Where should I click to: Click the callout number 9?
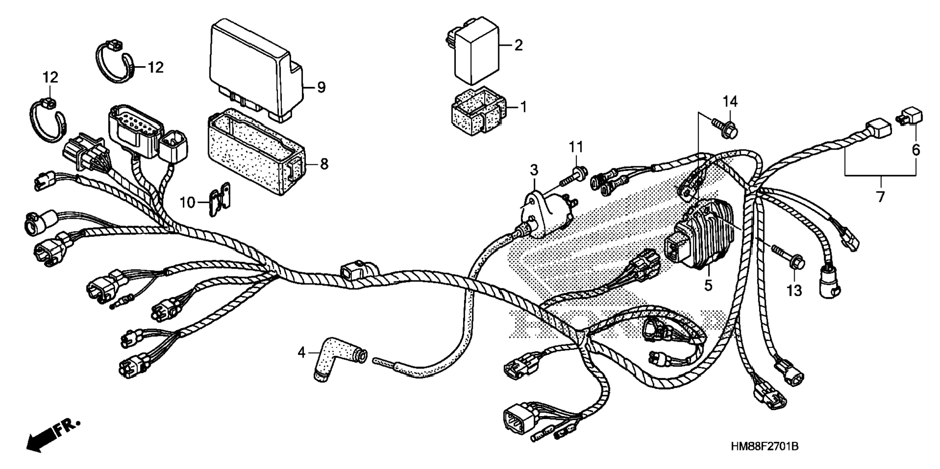(321, 87)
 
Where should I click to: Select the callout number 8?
(324, 164)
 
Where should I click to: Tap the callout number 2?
(519, 45)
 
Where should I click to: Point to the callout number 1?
(523, 106)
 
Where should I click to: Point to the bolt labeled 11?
(574, 176)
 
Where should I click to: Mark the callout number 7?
(880, 196)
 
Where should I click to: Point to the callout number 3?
(534, 170)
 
